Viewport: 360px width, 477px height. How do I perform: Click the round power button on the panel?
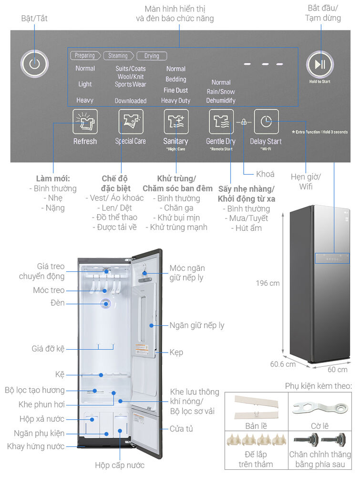coord(34,64)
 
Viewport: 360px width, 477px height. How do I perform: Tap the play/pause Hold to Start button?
coord(319,64)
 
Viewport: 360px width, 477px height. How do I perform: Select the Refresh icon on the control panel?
coord(85,121)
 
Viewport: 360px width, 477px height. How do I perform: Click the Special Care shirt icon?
coord(131,121)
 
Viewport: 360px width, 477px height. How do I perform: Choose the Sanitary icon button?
coord(176,121)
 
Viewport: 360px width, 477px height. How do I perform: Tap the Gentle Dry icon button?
coord(221,121)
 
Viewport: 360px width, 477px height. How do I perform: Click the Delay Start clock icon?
coord(266,121)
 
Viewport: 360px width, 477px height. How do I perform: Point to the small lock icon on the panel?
coord(244,122)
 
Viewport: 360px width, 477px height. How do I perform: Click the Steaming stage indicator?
coord(118,56)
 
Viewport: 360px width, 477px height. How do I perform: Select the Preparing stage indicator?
coord(85,56)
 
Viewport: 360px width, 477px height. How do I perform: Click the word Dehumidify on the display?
coord(221,101)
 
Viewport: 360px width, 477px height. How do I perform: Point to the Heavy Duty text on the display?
coord(176,101)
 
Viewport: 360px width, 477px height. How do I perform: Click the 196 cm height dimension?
coord(267,283)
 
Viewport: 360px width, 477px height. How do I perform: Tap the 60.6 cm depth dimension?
coord(283,364)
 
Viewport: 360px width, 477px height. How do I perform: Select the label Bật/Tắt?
coord(34,18)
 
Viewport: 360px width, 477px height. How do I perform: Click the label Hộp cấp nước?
coord(119,465)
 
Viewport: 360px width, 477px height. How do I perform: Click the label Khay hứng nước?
coord(35,446)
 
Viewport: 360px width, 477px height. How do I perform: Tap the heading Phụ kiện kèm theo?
coord(319,385)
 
